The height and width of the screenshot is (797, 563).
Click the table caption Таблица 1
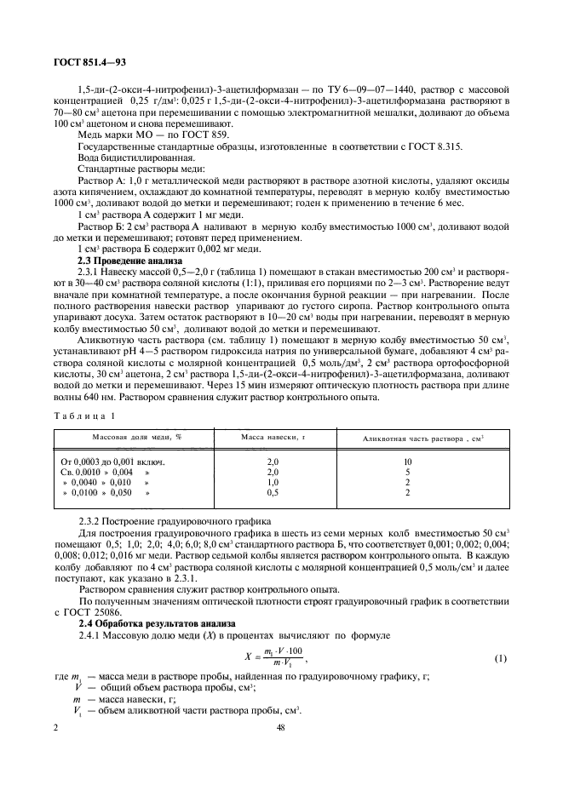coord(83,415)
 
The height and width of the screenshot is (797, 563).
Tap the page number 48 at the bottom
coord(281,728)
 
